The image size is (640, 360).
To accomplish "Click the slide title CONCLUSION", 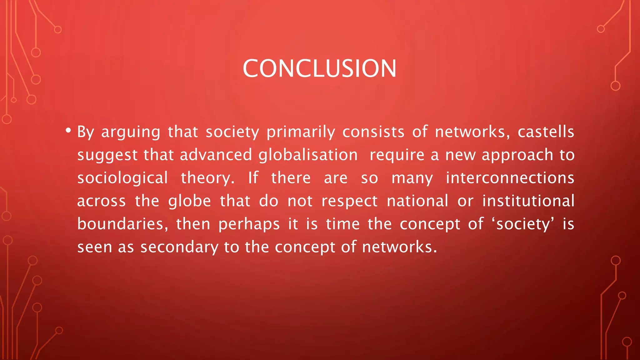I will point(319,68).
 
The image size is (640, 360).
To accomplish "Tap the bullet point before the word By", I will point(68,130).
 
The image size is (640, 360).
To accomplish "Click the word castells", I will point(546,132).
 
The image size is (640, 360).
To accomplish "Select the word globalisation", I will point(308,155).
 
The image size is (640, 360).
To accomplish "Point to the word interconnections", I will point(510,178).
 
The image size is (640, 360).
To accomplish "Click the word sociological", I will point(122,178).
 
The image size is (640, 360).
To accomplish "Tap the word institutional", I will point(528,201).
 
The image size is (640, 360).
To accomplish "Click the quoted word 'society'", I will point(523,224).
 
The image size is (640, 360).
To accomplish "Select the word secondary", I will point(179,247).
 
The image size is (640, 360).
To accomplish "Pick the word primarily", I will point(301,132).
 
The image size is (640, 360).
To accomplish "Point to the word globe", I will point(189,201).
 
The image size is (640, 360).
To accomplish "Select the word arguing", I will point(131,132).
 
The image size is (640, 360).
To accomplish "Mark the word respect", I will point(349,201).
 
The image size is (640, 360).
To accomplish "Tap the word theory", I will point(207,178).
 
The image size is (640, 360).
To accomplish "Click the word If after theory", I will point(253,178).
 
